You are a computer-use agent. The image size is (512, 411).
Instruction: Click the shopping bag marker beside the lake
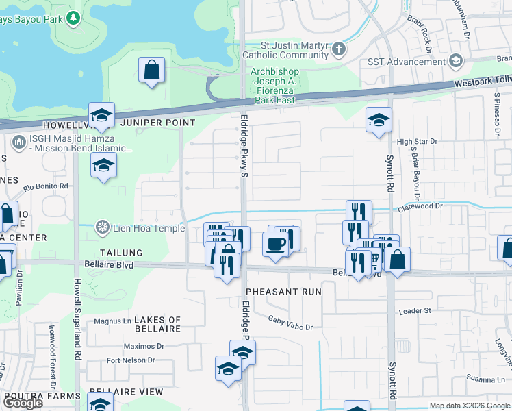(x=151, y=71)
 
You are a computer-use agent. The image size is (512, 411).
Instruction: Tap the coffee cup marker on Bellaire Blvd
(x=275, y=245)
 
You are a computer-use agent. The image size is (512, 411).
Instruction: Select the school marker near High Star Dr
(x=379, y=121)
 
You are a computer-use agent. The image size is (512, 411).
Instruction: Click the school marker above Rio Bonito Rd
(x=103, y=166)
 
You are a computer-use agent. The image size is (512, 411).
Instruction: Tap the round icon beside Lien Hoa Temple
(x=103, y=227)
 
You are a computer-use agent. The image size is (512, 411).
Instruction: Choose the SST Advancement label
(x=415, y=62)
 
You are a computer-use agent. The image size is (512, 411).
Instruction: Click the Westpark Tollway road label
(x=483, y=83)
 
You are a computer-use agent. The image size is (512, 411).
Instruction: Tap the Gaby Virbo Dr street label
(x=290, y=323)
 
